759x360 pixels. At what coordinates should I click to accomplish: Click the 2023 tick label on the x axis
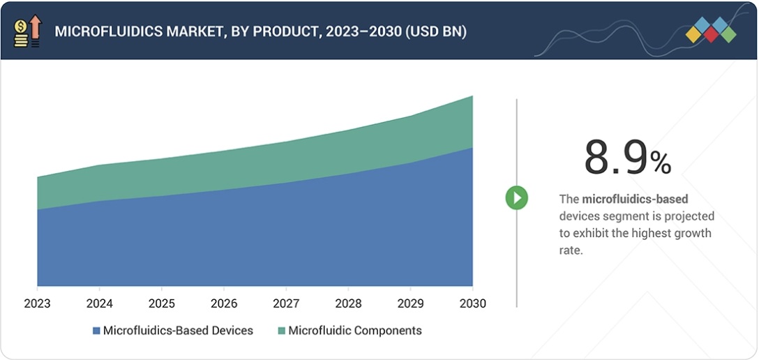point(36,304)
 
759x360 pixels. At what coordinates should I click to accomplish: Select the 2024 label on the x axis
point(99,304)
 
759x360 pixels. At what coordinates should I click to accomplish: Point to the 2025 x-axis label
point(161,304)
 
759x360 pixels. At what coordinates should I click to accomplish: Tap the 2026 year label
point(223,304)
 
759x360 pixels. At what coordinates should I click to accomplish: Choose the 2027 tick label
point(286,304)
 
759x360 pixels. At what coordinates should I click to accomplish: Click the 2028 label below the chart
point(348,304)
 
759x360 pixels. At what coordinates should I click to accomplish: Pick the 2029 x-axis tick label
point(410,304)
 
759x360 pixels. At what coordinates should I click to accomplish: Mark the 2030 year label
point(472,304)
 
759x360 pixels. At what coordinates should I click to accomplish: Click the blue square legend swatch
point(96,331)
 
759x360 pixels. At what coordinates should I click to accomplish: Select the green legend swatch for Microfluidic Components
point(281,331)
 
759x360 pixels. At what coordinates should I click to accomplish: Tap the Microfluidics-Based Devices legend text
point(178,331)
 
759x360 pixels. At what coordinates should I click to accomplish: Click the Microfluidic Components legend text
point(355,331)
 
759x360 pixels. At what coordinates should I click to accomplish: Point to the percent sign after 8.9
point(660,163)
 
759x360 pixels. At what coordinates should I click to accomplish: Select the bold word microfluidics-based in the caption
point(635,200)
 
